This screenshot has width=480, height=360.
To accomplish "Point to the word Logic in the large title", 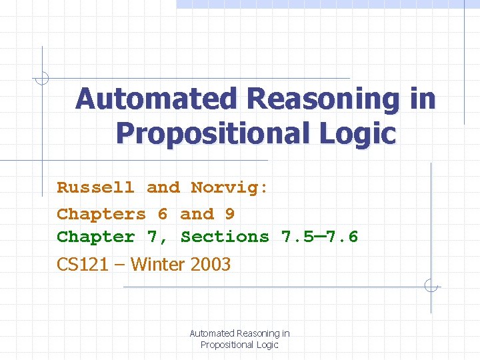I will pyautogui.click(x=363, y=133).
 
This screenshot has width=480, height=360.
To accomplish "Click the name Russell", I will pyautogui.click(x=95, y=188).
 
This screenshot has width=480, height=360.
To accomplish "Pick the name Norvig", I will pyautogui.click(x=229, y=188).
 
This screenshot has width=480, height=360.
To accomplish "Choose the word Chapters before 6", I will pyautogui.click(x=101, y=214).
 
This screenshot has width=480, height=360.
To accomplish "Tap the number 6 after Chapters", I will pyautogui.click(x=163, y=214).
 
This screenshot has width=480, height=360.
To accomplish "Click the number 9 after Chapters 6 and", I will pyautogui.click(x=230, y=214).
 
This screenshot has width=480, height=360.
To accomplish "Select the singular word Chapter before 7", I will pyautogui.click(x=95, y=237).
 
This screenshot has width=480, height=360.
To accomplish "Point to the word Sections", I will pyautogui.click(x=225, y=237).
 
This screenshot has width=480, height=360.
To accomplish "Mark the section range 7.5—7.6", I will pyautogui.click(x=320, y=237).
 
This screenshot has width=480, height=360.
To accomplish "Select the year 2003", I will pyautogui.click(x=211, y=265).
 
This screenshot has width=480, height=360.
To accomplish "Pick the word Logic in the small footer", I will pyautogui.click(x=267, y=345).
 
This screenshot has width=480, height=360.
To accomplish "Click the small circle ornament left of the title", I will pyautogui.click(x=42, y=78).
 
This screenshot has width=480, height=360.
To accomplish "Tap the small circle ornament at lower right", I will pyautogui.click(x=431, y=286).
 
